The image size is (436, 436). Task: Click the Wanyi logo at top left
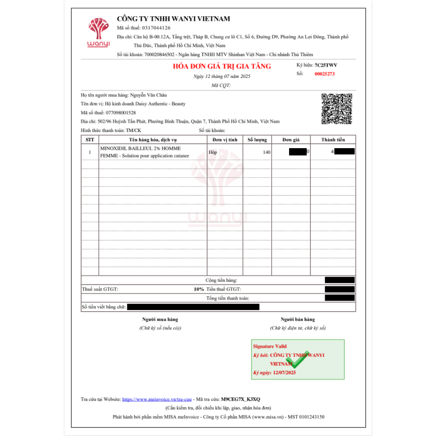98,33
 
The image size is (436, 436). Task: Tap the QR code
337,109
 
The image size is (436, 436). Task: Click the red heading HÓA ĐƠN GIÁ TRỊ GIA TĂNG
222,66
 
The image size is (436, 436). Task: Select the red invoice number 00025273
324,74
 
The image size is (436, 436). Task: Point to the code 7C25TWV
326,65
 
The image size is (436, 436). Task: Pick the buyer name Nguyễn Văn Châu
151,95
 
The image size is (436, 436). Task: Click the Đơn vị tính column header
224,140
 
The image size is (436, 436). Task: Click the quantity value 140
267,152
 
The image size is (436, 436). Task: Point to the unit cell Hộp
213,152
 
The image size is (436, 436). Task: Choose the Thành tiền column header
333,140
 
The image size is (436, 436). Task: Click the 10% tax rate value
199,289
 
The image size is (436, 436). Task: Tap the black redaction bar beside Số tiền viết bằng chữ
193,307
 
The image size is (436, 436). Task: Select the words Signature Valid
270,347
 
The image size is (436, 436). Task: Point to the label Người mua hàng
160,319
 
